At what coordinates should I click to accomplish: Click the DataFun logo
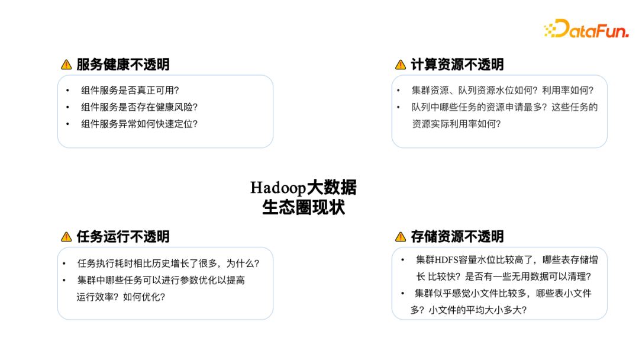586,29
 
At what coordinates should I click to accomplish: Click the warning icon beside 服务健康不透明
66,65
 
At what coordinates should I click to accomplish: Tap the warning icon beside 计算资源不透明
401,65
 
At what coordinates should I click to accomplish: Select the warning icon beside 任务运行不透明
66,237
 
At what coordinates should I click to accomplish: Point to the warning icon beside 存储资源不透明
401,237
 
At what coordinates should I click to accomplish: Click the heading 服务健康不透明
123,65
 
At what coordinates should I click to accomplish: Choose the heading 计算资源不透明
457,65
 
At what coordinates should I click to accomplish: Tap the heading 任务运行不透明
123,237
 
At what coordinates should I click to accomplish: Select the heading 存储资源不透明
457,237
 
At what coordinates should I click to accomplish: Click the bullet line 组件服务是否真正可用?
130,91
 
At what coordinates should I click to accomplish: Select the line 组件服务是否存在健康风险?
139,107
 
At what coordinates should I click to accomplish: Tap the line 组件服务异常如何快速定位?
139,124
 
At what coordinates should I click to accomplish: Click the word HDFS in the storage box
449,260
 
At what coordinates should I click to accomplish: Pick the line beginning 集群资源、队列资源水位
502,91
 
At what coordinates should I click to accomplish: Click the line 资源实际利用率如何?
456,124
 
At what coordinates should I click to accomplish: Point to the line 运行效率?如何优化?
121,297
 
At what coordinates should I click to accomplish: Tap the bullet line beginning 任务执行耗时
168,263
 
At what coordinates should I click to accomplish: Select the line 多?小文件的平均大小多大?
469,310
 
